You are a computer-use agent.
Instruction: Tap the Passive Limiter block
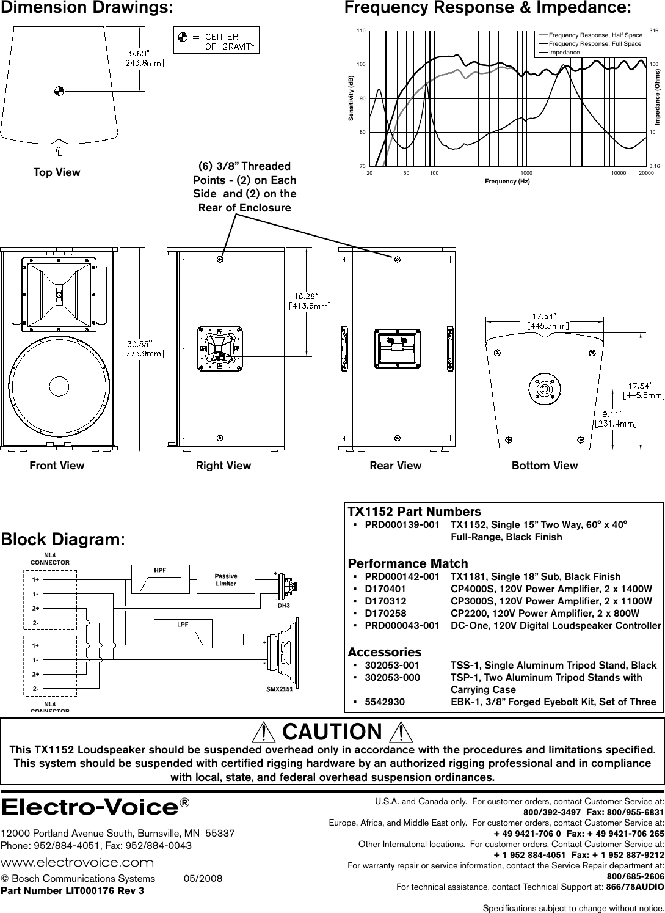[x=225, y=579]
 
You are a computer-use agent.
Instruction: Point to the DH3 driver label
[x=283, y=606]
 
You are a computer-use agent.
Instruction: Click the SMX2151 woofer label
[x=280, y=689]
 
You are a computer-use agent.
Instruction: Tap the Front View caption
[x=57, y=466]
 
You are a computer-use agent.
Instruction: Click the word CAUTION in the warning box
[x=332, y=732]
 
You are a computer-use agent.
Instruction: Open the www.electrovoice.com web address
[x=77, y=862]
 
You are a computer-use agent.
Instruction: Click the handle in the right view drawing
[x=220, y=348]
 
